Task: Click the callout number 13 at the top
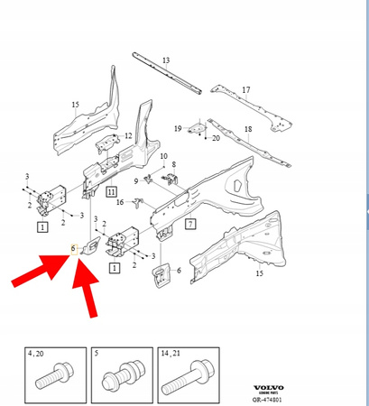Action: point(166,60)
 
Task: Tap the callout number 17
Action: point(245,89)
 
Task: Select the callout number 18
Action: point(247,131)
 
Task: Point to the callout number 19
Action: point(179,128)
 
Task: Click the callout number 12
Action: point(128,136)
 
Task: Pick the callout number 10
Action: point(163,156)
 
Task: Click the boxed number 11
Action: point(110,192)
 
